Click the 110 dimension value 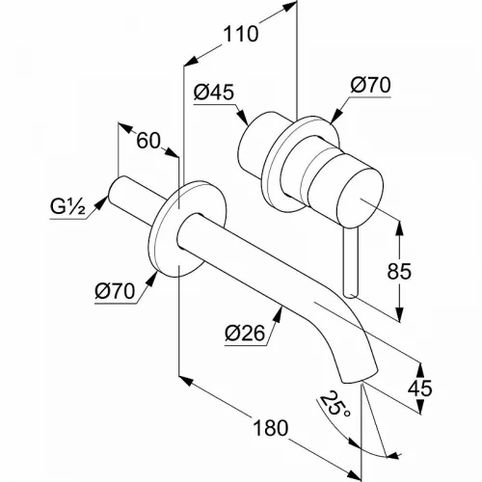241,34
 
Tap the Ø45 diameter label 214,93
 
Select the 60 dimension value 148,141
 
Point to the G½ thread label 67,207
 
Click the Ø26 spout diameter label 245,334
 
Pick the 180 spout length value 271,428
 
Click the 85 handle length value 399,271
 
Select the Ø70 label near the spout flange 115,291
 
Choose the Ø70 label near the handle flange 370,85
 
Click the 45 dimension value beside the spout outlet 419,388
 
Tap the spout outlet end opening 360,378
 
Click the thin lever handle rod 350,263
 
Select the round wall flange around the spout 187,229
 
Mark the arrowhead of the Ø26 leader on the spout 279,313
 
